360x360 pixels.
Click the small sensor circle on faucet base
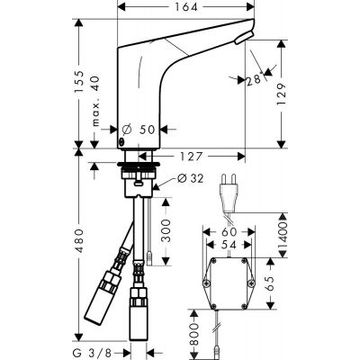tap(122, 142)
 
